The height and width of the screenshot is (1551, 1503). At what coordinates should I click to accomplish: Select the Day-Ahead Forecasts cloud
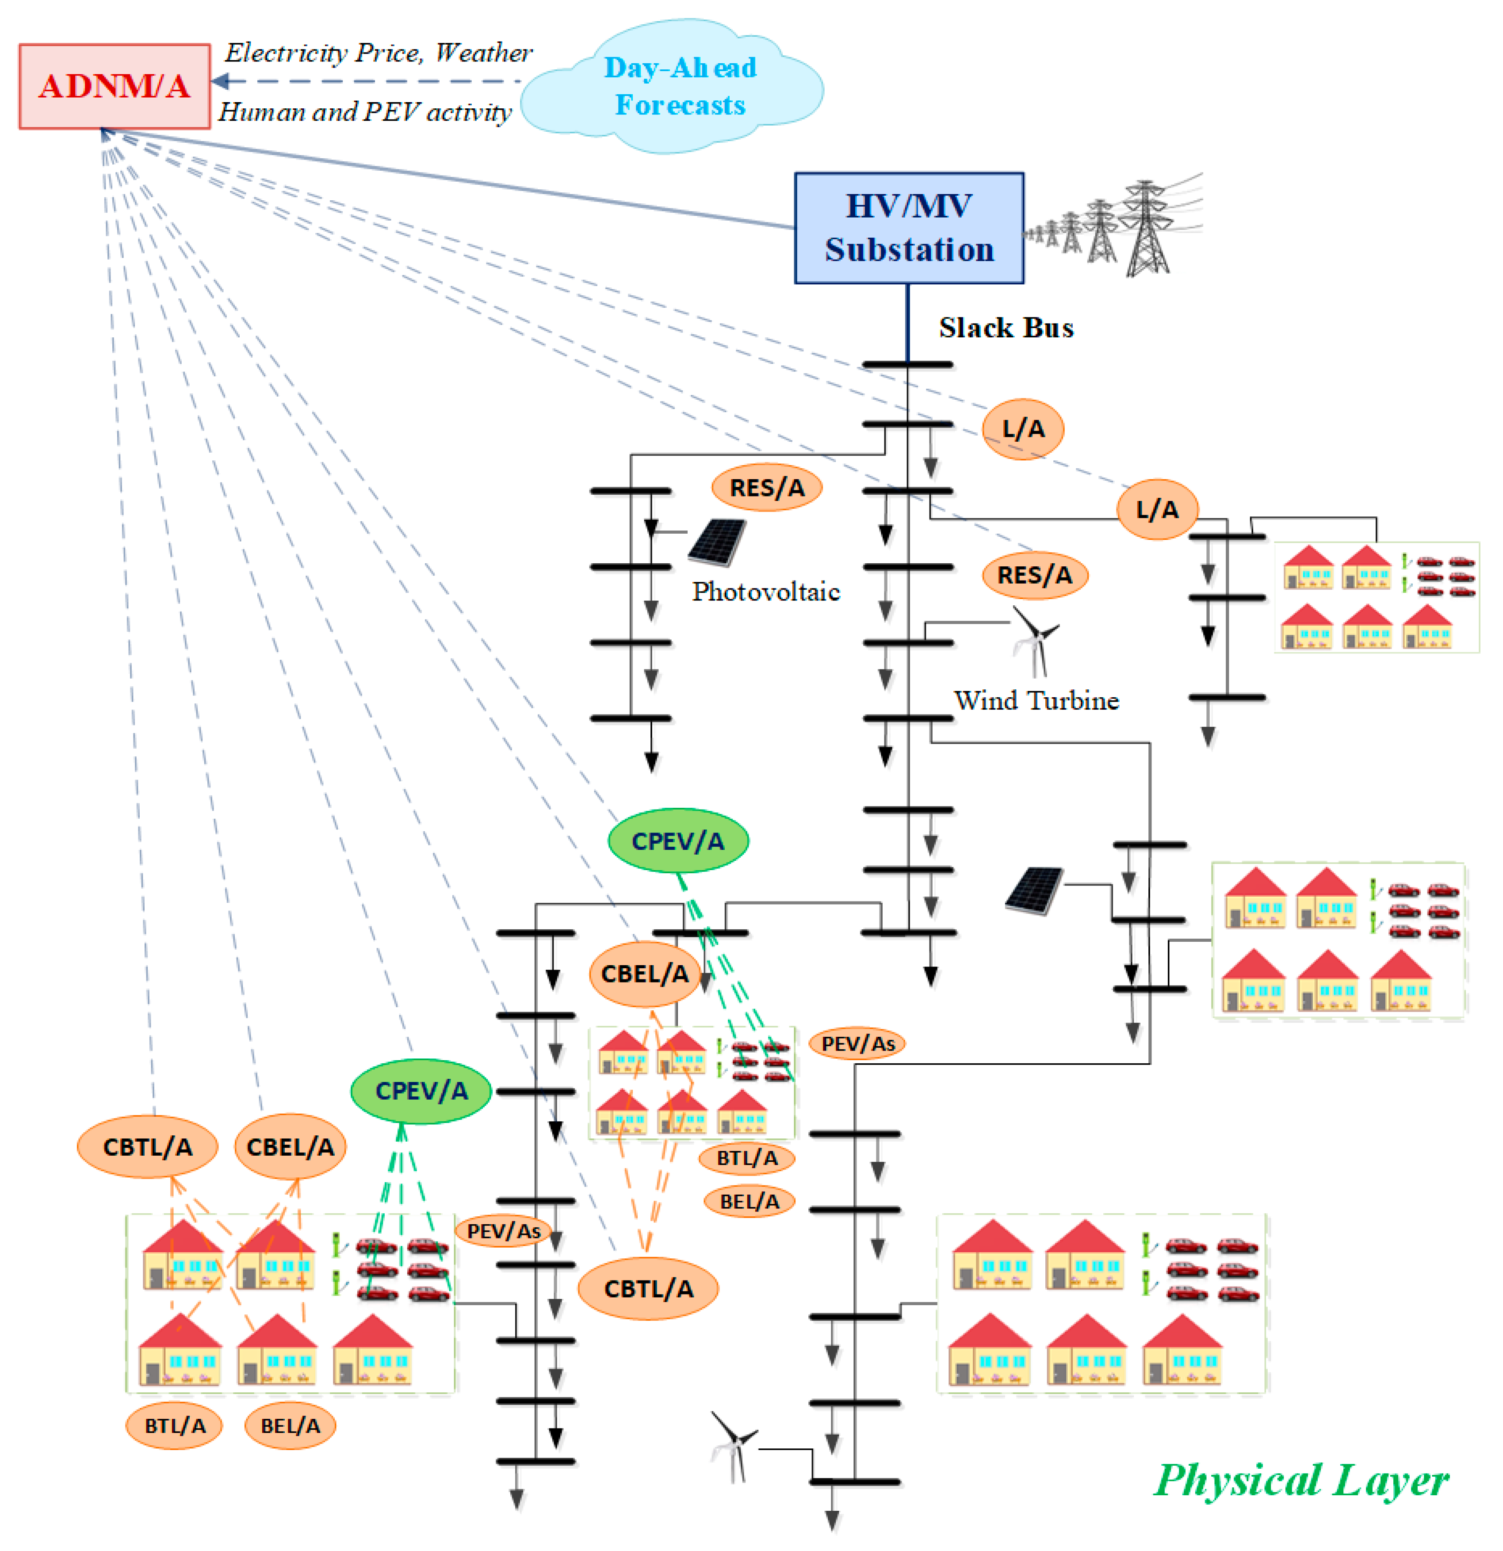(679, 85)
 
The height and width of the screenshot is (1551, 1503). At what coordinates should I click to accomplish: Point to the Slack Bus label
(1005, 328)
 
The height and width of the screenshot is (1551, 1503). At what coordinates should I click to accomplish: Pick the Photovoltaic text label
(765, 591)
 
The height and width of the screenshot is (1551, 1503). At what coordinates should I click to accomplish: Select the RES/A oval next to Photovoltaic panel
(766, 488)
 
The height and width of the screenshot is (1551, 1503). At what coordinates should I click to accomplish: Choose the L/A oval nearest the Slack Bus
(1023, 429)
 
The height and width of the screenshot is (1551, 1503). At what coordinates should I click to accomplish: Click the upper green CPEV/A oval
(677, 840)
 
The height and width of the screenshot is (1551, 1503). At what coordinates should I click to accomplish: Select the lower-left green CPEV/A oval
(421, 1090)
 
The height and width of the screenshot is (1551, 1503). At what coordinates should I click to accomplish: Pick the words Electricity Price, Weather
(378, 52)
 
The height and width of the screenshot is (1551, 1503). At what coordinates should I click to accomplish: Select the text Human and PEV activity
(365, 111)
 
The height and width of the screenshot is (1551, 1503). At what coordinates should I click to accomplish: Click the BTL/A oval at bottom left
(174, 1425)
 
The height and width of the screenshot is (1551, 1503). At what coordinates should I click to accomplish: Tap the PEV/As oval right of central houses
(857, 1043)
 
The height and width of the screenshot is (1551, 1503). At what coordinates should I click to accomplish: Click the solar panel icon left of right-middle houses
(1034, 890)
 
